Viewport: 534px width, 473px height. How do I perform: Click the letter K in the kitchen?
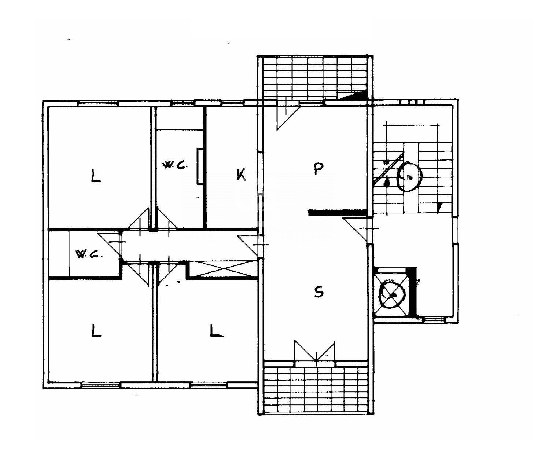(x=240, y=175)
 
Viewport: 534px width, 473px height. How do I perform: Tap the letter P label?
(x=318, y=169)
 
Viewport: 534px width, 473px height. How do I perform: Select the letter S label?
(x=319, y=292)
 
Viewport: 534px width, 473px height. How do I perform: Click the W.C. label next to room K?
(x=175, y=165)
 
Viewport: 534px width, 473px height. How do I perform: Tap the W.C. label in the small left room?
(x=88, y=254)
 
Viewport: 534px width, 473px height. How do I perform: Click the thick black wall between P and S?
(x=337, y=212)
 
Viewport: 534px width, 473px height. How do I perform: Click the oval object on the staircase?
(x=409, y=177)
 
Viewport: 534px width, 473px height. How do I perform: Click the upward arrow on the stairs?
(x=387, y=181)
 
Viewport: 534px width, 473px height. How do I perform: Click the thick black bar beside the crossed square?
(x=413, y=291)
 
